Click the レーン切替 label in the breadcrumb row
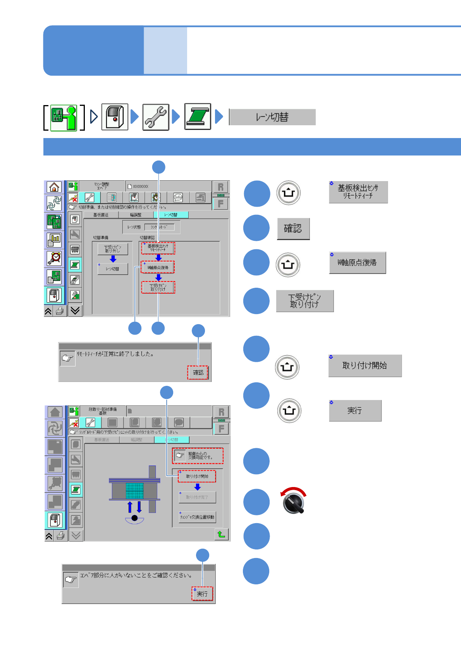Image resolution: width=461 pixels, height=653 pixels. [x=272, y=117]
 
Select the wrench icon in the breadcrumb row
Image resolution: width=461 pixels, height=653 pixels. [x=156, y=117]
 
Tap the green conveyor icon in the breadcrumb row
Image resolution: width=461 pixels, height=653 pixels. [x=198, y=117]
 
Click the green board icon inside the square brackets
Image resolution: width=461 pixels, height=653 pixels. [x=64, y=117]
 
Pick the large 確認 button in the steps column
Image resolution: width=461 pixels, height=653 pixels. [x=293, y=229]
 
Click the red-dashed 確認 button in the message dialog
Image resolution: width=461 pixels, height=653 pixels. [x=198, y=373]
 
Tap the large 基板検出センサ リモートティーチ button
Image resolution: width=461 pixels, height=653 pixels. [x=358, y=192]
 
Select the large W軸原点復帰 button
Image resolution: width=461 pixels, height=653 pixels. [x=357, y=263]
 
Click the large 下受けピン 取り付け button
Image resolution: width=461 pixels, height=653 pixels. [x=304, y=301]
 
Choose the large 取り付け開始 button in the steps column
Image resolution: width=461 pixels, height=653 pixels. [x=365, y=366]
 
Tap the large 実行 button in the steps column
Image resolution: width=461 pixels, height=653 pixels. [x=355, y=411]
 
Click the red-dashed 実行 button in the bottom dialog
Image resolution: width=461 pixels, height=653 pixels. [x=202, y=594]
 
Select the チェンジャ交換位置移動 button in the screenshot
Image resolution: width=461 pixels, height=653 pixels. [x=197, y=517]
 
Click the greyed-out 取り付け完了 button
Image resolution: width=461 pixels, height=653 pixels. [x=197, y=497]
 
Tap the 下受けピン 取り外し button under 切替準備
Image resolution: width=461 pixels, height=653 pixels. [x=113, y=249]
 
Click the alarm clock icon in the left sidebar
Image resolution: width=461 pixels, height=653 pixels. [x=54, y=258]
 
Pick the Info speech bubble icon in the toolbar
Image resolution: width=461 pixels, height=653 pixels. [x=178, y=197]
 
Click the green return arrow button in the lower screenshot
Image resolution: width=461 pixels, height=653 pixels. [x=221, y=534]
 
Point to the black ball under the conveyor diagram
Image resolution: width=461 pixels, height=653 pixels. [x=134, y=518]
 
